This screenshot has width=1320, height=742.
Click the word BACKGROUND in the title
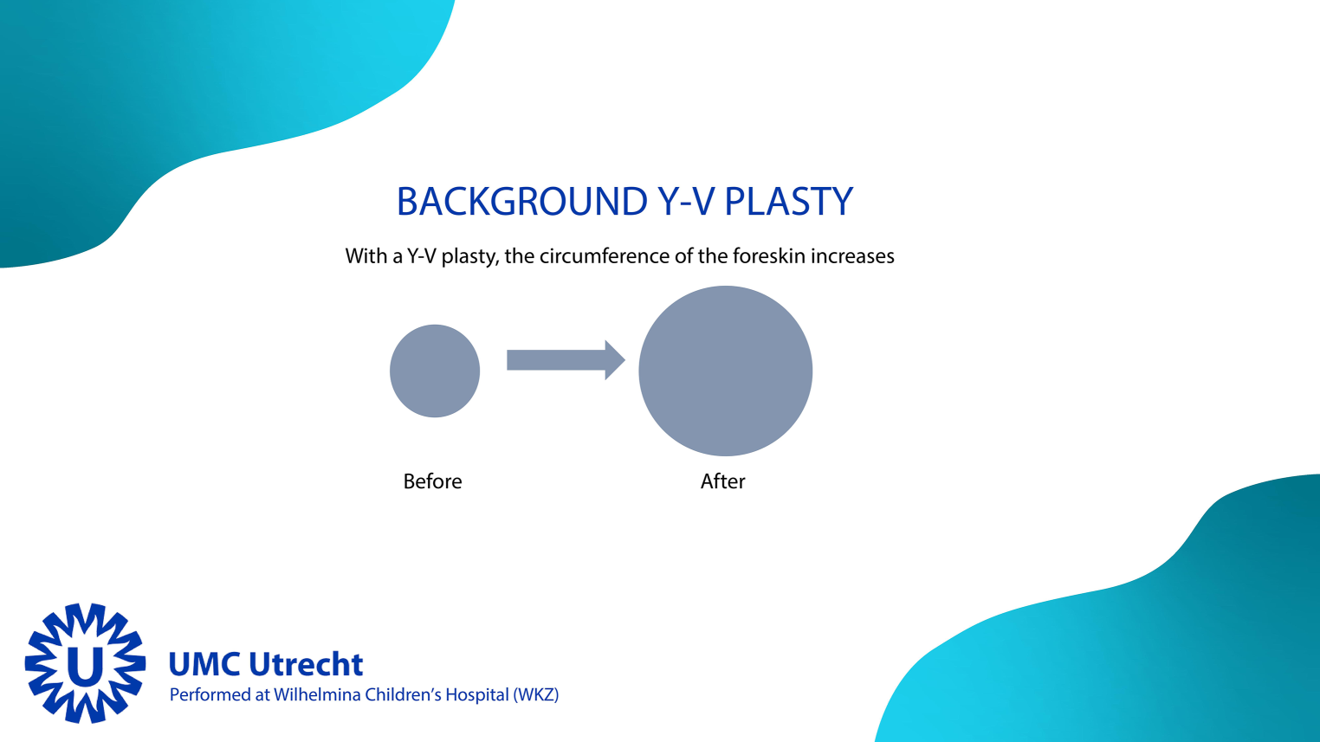point(522,202)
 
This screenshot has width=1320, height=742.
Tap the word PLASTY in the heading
point(788,202)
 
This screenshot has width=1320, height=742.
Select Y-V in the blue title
point(686,202)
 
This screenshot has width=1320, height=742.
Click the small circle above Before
point(435,371)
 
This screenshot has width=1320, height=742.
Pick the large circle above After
point(726,371)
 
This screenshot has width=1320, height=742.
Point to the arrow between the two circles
point(566,360)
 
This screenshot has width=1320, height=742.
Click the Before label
point(432,481)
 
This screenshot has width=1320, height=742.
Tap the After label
point(722,481)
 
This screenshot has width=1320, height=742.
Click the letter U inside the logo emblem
point(86,665)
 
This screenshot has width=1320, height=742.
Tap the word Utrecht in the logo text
point(306,664)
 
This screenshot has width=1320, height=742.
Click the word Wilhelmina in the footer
point(317,695)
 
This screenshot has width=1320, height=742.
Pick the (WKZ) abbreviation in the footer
point(535,695)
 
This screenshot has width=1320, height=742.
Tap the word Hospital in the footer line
point(476,695)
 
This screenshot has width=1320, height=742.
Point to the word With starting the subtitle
point(364,256)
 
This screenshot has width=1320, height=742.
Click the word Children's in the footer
point(403,695)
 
